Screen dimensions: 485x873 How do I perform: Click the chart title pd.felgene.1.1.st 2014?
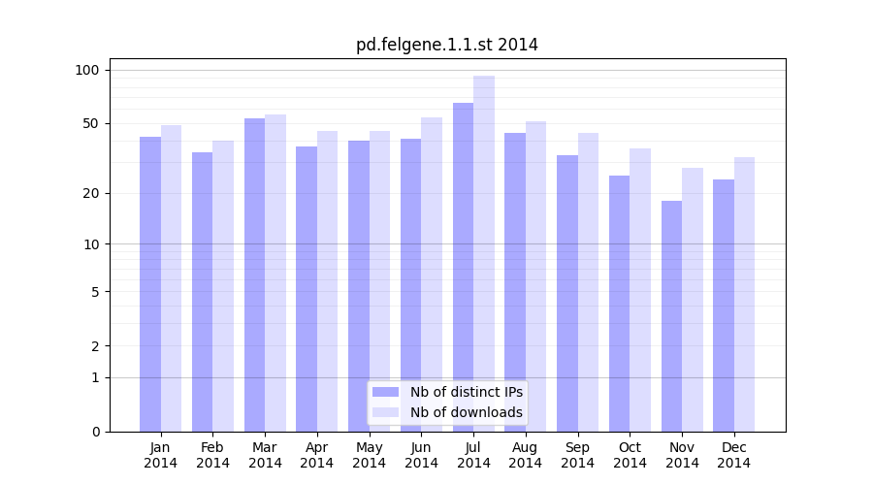446,45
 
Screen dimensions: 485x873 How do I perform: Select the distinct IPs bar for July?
463,267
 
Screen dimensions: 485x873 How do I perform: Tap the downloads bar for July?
484,253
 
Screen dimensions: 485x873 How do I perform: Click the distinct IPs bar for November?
671,316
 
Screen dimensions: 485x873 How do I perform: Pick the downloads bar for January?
171,278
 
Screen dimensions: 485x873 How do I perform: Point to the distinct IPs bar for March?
254,275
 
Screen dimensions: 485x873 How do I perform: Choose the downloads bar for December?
744,294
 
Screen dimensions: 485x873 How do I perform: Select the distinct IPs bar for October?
619,304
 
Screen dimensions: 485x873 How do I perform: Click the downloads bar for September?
588,282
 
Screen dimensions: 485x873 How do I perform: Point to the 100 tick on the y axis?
87,70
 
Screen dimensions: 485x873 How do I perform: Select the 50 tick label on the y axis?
91,123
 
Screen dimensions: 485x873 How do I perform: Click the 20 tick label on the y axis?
91,193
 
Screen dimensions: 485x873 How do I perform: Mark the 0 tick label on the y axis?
95,432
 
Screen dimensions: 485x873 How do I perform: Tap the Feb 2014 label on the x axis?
212,455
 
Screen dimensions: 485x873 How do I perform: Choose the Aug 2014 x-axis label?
525,455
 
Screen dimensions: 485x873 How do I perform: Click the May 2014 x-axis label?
369,455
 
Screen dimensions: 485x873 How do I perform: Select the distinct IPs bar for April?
307,289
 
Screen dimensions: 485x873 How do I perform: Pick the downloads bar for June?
432,275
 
